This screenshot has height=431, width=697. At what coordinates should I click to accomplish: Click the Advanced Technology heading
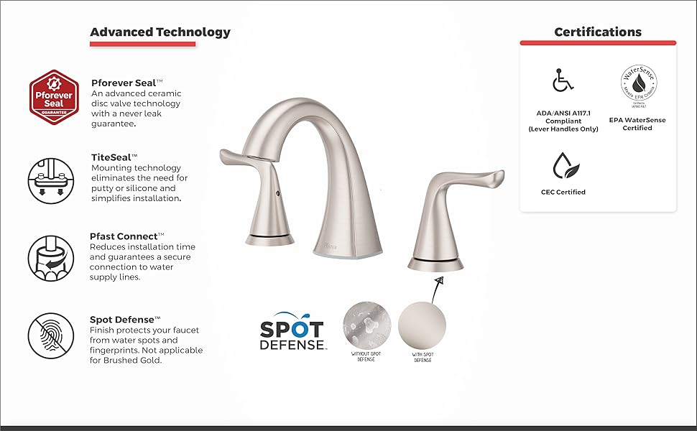click(160, 32)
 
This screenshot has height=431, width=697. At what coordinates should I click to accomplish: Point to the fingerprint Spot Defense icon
click(50, 335)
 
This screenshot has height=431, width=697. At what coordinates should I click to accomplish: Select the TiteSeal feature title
click(114, 156)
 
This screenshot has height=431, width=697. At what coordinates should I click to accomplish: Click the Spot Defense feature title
click(125, 319)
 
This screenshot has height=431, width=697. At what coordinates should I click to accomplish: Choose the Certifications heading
click(598, 32)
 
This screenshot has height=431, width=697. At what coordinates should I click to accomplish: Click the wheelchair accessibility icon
click(563, 80)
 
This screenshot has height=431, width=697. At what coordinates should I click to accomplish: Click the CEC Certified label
click(563, 192)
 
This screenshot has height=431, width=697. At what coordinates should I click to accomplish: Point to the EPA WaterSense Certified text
click(638, 124)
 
